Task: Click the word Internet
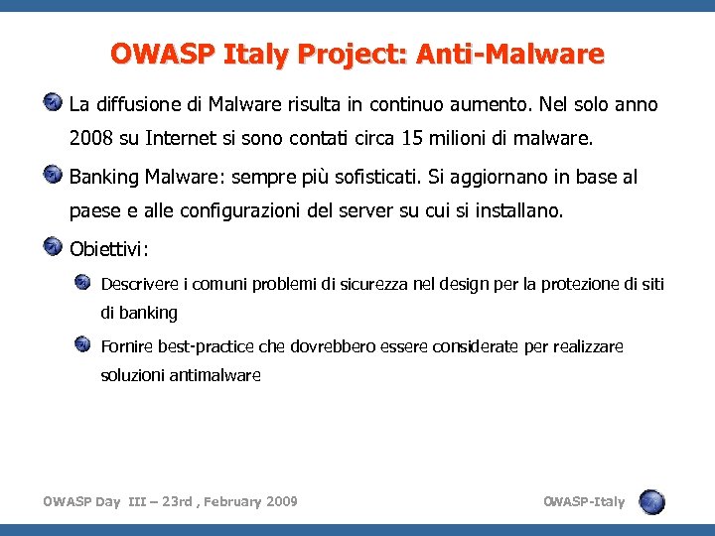[x=184, y=137]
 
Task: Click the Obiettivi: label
[x=109, y=246]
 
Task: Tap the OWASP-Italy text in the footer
[x=584, y=501]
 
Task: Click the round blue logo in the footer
[x=651, y=502]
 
